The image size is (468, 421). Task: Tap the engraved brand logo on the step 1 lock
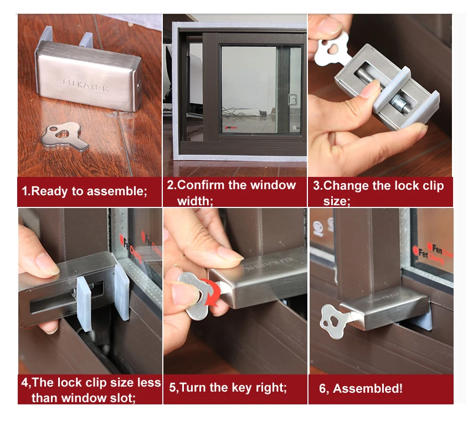click(x=86, y=85)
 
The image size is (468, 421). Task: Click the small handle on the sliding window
click(x=292, y=100)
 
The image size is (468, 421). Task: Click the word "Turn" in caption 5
click(x=193, y=388)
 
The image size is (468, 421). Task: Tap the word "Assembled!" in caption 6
click(x=368, y=388)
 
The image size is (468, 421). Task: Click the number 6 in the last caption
click(x=322, y=389)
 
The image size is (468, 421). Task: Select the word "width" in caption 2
click(x=193, y=201)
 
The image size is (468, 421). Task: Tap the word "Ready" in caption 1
click(x=49, y=191)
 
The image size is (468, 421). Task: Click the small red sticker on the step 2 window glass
click(x=231, y=128)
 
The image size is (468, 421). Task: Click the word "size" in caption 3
click(x=336, y=201)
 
